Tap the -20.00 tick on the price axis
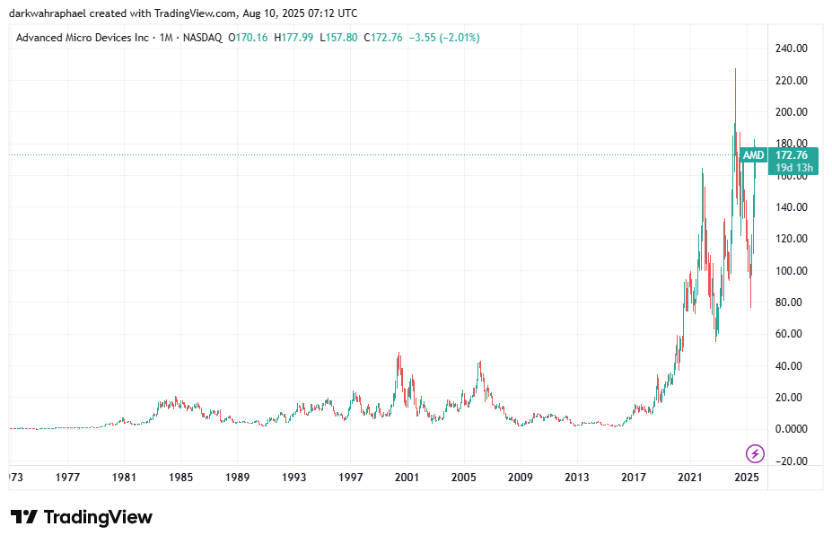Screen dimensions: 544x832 (792, 461)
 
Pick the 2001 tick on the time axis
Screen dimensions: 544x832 (407, 478)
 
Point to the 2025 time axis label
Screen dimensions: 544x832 (747, 478)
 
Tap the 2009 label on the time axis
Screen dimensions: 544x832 (521, 478)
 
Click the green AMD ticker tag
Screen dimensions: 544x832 (754, 155)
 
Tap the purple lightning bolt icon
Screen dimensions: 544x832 (756, 453)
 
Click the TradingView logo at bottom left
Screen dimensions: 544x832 (82, 517)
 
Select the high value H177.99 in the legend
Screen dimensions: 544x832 (293, 38)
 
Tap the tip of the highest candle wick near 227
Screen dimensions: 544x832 (736, 69)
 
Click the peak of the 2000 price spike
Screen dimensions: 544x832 (398, 353)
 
